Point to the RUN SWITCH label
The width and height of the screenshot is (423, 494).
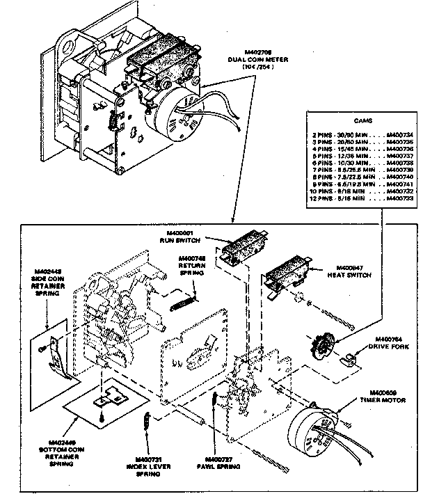pyautogui.click(x=185, y=239)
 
